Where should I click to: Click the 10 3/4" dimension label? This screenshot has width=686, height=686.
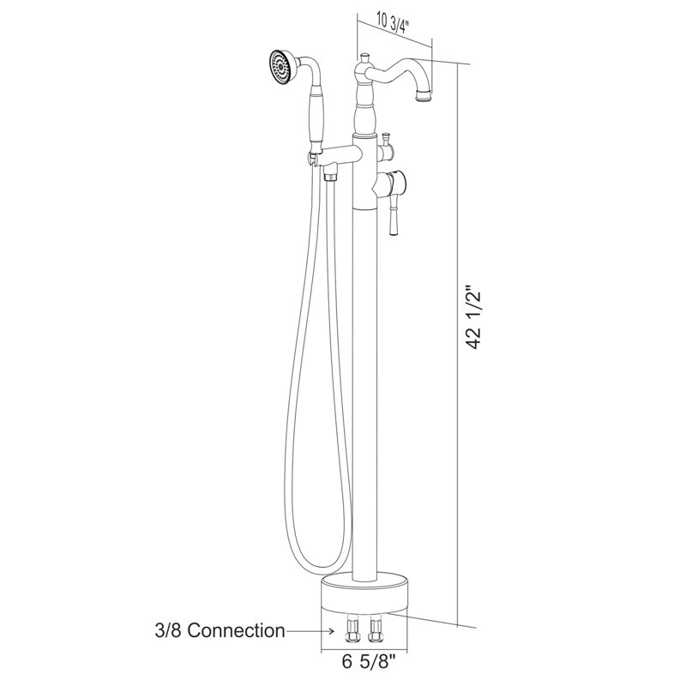(392, 25)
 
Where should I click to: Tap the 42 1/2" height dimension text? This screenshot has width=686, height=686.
(474, 318)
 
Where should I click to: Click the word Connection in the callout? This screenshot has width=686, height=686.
(237, 631)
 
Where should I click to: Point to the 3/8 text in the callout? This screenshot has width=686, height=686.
(168, 631)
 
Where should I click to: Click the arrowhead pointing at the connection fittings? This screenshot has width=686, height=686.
(332, 631)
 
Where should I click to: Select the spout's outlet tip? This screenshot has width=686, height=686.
(424, 96)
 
